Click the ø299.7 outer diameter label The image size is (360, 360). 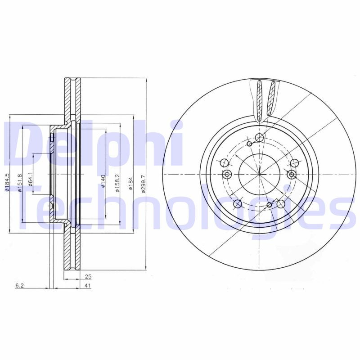[x=143, y=183]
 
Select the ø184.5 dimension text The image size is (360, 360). [x=7, y=183]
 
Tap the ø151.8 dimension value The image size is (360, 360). [x=19, y=183]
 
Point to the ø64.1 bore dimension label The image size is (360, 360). [x=31, y=179]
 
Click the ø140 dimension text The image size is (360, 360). [x=103, y=180]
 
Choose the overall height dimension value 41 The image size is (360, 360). [x=88, y=286]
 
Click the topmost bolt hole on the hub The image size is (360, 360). [x=259, y=138]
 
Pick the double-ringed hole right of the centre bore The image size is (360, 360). [x=292, y=175]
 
